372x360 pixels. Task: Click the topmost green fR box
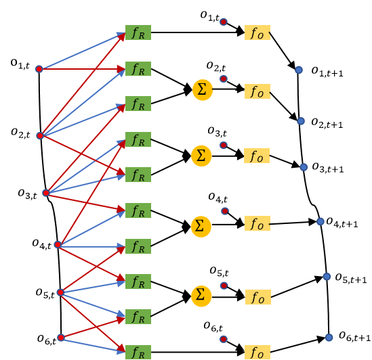click(138, 32)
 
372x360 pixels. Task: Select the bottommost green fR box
click(138, 353)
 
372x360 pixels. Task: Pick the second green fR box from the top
click(138, 69)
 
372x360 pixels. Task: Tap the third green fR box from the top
click(138, 104)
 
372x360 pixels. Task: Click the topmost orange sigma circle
click(202, 90)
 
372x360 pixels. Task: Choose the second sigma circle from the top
click(201, 156)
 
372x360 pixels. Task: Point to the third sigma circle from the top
click(201, 226)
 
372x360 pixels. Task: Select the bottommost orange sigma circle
click(201, 296)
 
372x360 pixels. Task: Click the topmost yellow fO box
click(257, 32)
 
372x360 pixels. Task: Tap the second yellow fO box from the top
click(257, 91)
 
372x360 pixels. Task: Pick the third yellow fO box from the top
click(257, 156)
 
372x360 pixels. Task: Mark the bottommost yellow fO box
click(257, 353)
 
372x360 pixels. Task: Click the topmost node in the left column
click(39, 69)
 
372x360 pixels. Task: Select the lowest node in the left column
click(61, 338)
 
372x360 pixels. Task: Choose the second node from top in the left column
click(40, 136)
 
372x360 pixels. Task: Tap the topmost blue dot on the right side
click(299, 70)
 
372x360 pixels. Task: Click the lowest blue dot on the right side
click(329, 338)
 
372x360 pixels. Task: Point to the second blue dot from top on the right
click(301, 121)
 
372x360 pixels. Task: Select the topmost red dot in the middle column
click(224, 22)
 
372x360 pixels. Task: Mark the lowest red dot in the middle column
click(224, 339)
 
